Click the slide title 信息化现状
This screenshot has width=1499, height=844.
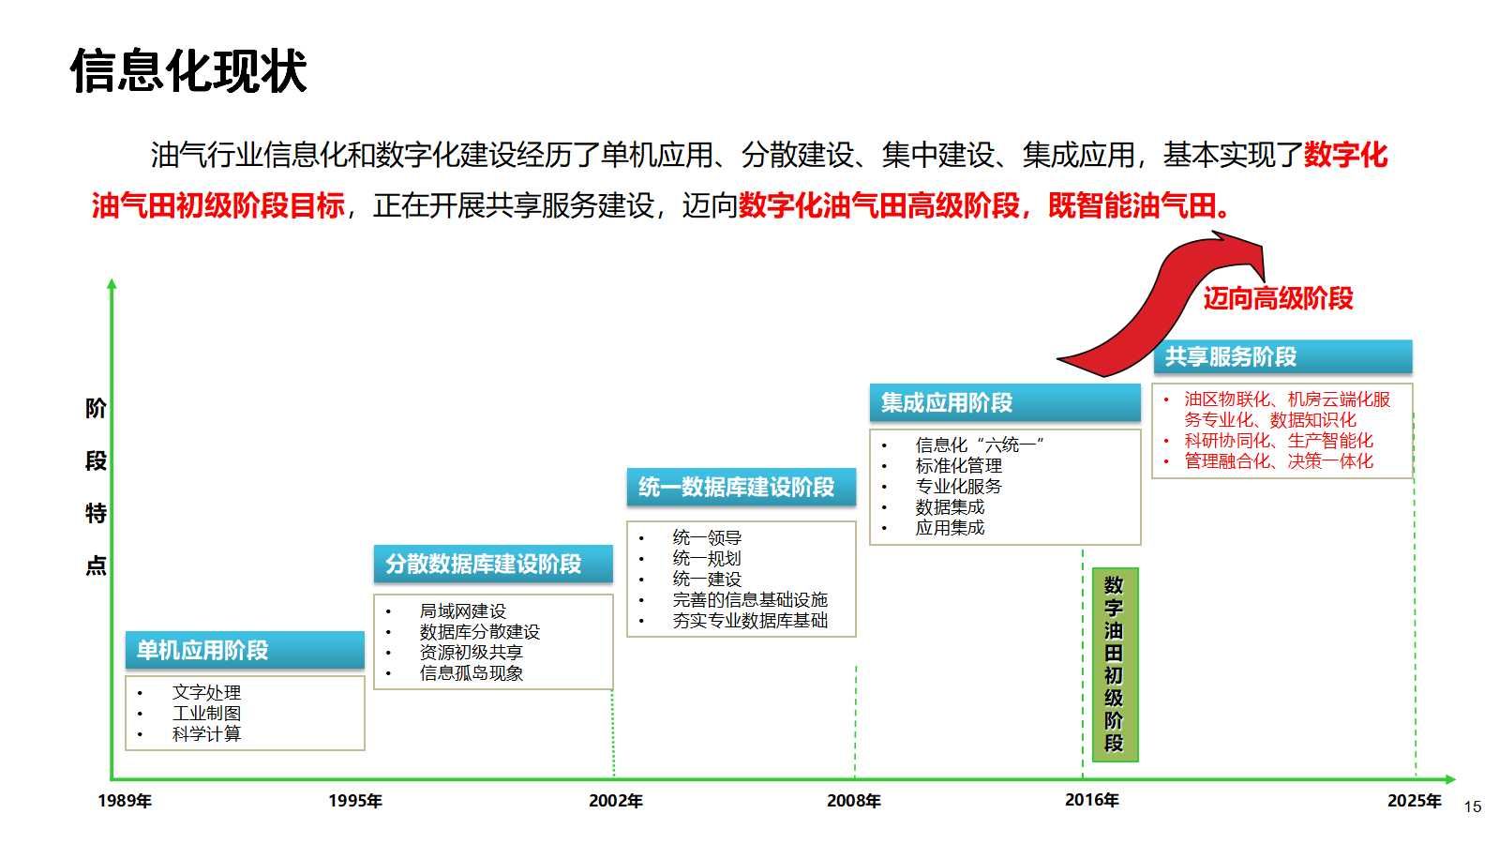click(x=188, y=71)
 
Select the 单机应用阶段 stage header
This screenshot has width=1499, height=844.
click(x=245, y=650)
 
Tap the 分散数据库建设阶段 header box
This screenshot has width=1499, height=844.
click(x=493, y=564)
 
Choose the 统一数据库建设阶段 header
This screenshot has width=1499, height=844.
click(x=741, y=487)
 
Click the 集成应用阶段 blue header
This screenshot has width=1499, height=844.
click(x=1004, y=403)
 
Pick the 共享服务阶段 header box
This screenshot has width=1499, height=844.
click(x=1282, y=357)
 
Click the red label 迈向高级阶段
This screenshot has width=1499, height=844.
click(x=1278, y=298)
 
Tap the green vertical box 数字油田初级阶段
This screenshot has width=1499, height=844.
click(x=1114, y=664)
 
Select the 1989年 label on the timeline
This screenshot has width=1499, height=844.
click(x=125, y=801)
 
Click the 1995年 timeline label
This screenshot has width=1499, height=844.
click(x=355, y=801)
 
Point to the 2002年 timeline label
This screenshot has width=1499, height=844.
click(x=616, y=801)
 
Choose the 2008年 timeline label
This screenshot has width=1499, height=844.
click(x=854, y=801)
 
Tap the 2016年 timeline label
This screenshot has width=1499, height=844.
click(x=1092, y=800)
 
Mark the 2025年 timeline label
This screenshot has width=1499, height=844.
click(x=1415, y=801)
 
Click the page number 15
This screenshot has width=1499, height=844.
click(x=1473, y=806)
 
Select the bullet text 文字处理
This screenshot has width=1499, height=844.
click(x=206, y=692)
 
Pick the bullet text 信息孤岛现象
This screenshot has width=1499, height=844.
click(x=472, y=672)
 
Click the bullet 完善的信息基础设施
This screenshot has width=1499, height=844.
click(x=750, y=599)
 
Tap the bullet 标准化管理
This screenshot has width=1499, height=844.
click(x=959, y=465)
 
